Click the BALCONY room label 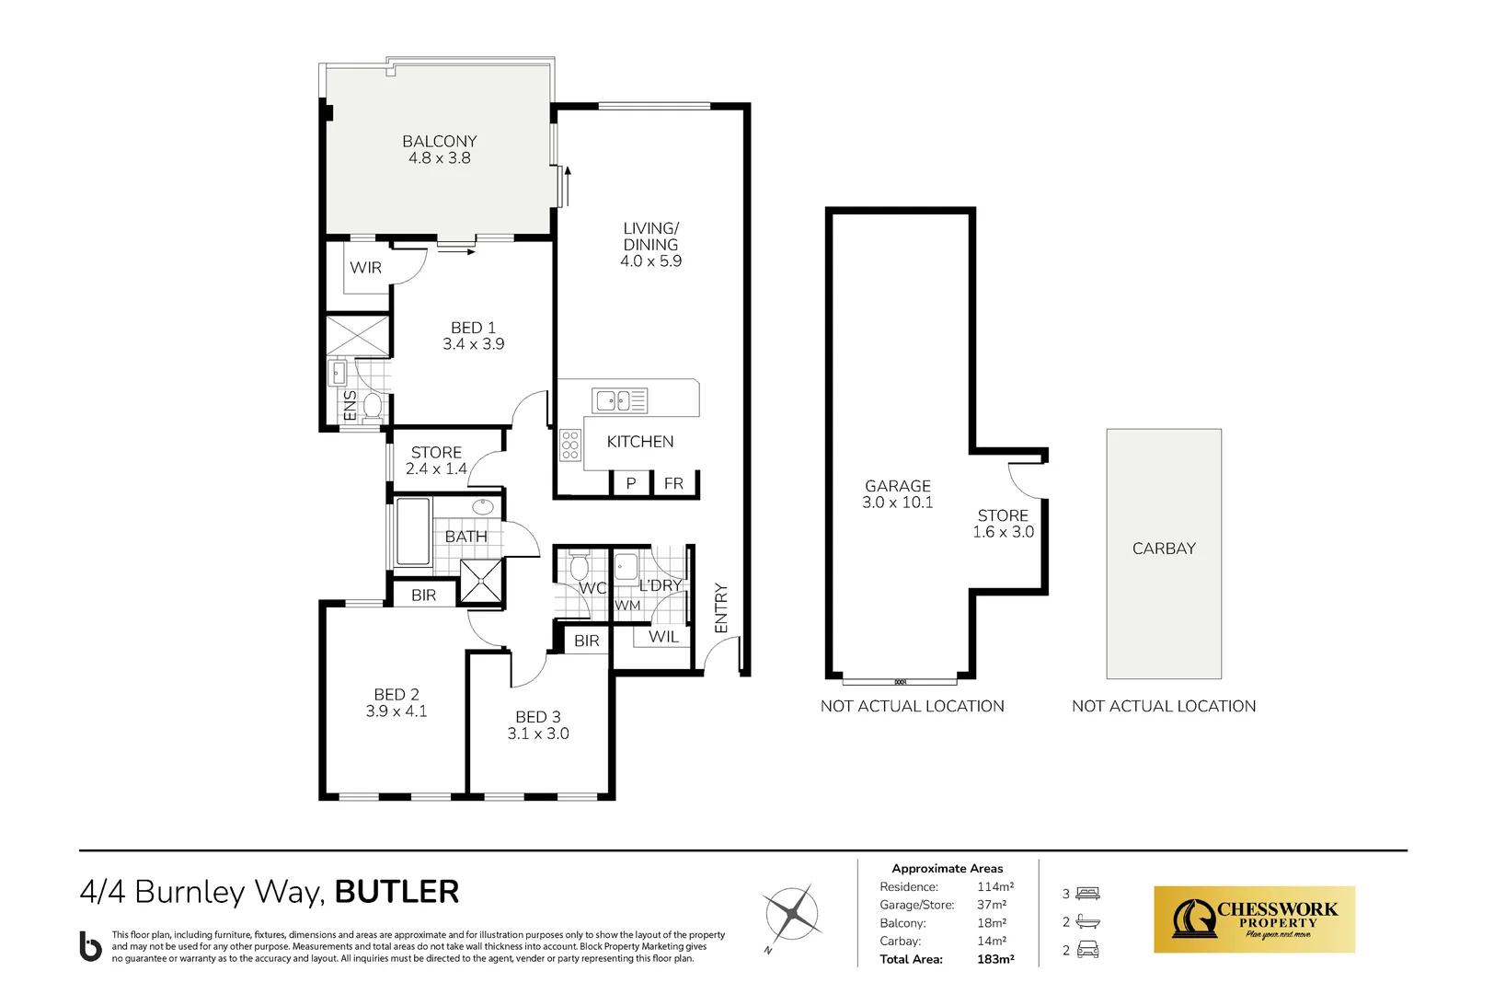tap(439, 141)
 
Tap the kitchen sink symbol tap(619, 400)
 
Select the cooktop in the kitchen tap(570, 445)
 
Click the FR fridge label tap(673, 483)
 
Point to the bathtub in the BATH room tap(413, 532)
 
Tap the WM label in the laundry tap(627, 606)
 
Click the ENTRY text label tap(721, 607)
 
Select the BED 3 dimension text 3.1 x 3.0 tap(538, 734)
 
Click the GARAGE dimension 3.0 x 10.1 tap(897, 503)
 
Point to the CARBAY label tap(1164, 549)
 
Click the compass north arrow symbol tap(791, 914)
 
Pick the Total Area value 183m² tap(995, 959)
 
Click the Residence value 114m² tap(995, 887)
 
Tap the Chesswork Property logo tap(1254, 919)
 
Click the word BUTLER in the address tap(396, 892)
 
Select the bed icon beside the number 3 tap(1088, 894)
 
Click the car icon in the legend tap(1088, 950)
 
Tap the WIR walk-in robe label tap(365, 268)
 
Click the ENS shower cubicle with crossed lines tap(358, 335)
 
